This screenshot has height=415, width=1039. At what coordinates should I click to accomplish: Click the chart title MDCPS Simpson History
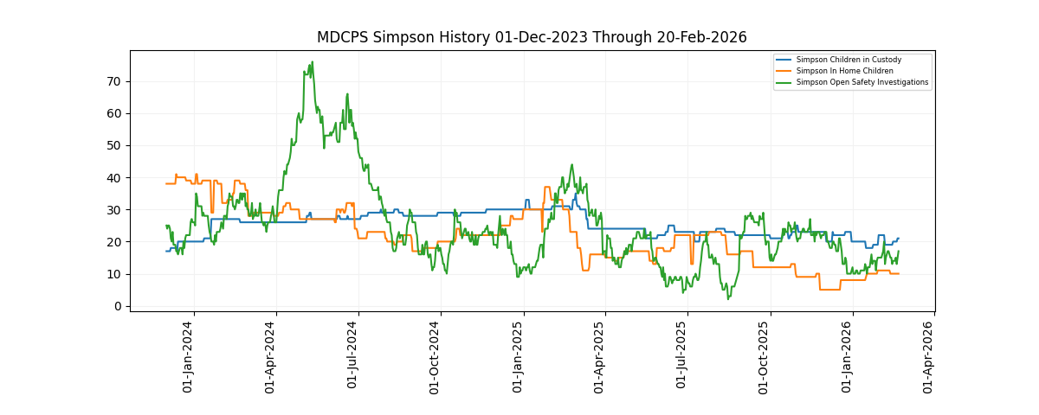pyautogui.click(x=532, y=37)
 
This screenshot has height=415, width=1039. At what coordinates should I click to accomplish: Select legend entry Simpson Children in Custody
pyautogui.click(x=849, y=60)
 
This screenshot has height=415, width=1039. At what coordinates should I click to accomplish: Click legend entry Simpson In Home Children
pyautogui.click(x=844, y=71)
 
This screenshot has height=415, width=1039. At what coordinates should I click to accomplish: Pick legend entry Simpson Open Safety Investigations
pyautogui.click(x=862, y=82)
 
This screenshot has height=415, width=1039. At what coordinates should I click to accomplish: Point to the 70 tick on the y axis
pyautogui.click(x=114, y=81)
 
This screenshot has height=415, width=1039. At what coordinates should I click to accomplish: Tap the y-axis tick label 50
pyautogui.click(x=114, y=145)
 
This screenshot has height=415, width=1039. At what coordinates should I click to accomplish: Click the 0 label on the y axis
pyautogui.click(x=118, y=306)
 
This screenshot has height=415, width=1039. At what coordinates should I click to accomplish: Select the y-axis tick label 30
pyautogui.click(x=114, y=210)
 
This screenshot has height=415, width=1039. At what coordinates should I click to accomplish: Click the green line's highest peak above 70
pyautogui.click(x=312, y=62)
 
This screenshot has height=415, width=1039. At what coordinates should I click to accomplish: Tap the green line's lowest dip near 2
pyautogui.click(x=728, y=299)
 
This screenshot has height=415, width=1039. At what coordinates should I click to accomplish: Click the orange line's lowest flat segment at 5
pyautogui.click(x=829, y=290)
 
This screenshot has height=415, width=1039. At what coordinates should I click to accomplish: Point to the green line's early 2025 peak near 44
pyautogui.click(x=571, y=165)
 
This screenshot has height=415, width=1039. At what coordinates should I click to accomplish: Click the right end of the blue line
pyautogui.click(x=898, y=239)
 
